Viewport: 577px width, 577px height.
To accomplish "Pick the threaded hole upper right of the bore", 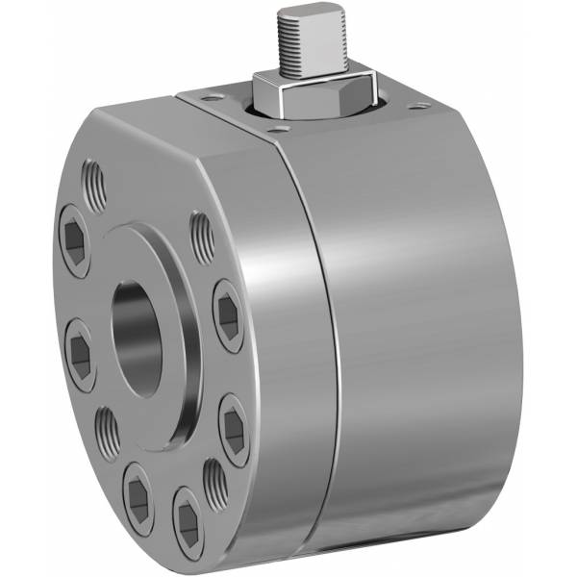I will (x=201, y=236).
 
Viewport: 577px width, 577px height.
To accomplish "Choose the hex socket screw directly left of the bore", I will (x=80, y=357).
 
